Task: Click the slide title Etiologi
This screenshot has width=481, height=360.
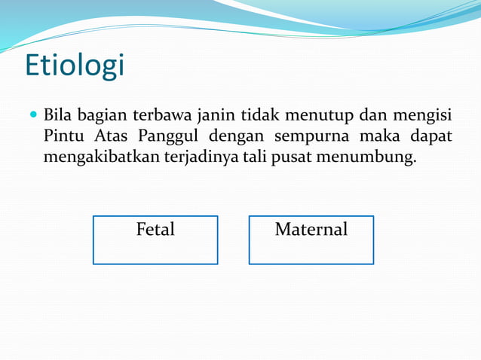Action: coord(75,66)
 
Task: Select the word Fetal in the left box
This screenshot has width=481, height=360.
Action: coord(155,229)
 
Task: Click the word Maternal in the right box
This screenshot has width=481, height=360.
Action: coord(311,229)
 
